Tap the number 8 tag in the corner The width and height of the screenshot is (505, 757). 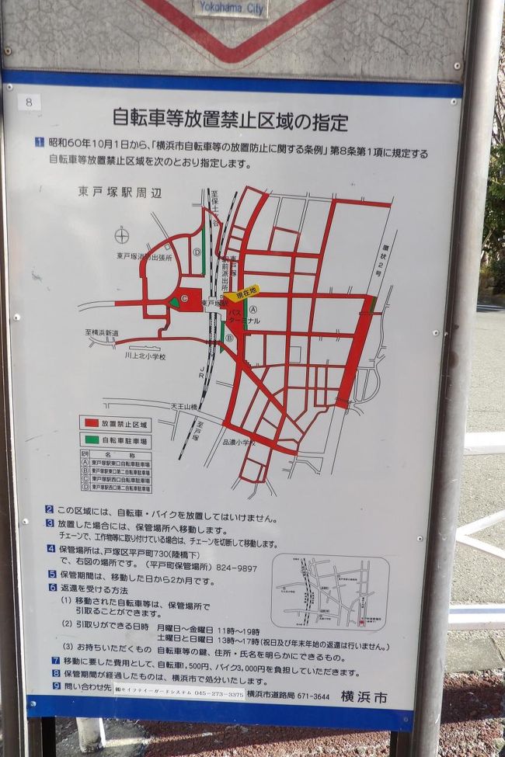pos(29,101)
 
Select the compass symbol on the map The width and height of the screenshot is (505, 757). pos(121,235)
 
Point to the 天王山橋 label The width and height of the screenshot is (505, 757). pos(186,405)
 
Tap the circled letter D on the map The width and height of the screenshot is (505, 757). pos(197,252)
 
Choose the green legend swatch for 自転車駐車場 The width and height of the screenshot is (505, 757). pos(93,439)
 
